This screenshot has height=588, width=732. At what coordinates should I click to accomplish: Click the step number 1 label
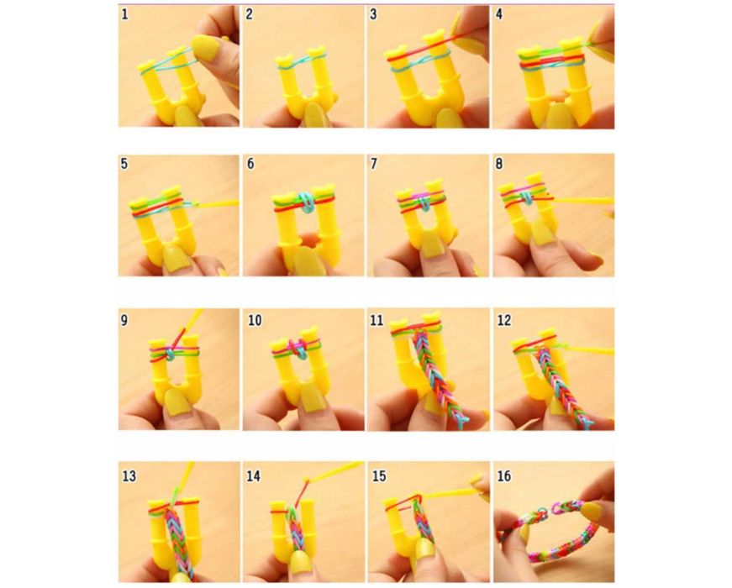click(x=124, y=14)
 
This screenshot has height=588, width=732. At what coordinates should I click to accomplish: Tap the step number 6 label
click(x=250, y=164)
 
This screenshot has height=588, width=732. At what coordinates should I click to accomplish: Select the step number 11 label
click(x=377, y=320)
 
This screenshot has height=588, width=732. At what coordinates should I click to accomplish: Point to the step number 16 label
click(x=504, y=476)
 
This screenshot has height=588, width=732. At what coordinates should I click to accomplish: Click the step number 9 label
click(x=124, y=320)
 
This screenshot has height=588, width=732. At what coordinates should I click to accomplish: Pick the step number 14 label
click(x=254, y=476)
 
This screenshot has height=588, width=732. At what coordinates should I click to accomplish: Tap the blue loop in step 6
click(x=305, y=202)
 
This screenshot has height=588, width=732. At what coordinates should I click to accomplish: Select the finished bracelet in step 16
click(x=550, y=532)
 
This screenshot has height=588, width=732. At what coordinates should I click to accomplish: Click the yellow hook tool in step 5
click(x=216, y=203)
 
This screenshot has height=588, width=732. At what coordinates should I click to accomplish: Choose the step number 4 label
click(x=499, y=14)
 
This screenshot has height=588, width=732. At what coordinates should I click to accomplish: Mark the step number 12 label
click(x=504, y=320)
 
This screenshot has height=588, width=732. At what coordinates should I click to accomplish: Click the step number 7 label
click(x=373, y=164)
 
